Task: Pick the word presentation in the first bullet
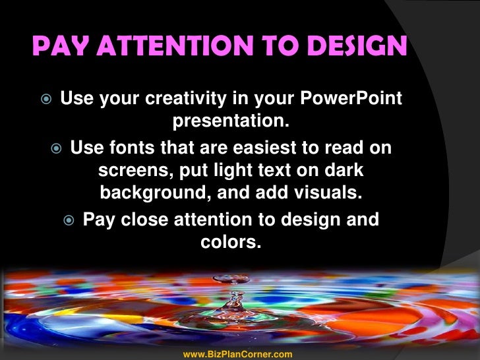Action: point(231,123)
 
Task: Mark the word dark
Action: point(343,171)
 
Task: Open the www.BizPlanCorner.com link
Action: point(237,355)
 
